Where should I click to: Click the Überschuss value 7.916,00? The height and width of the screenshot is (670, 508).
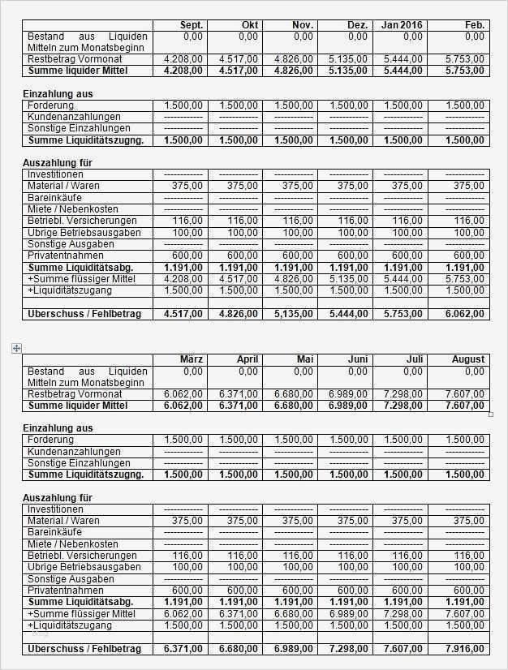[458, 649]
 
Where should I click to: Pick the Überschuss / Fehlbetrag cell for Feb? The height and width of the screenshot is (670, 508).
[458, 314]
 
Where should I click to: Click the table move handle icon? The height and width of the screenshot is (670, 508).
[16, 348]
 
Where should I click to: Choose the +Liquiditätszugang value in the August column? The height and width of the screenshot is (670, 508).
[458, 625]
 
